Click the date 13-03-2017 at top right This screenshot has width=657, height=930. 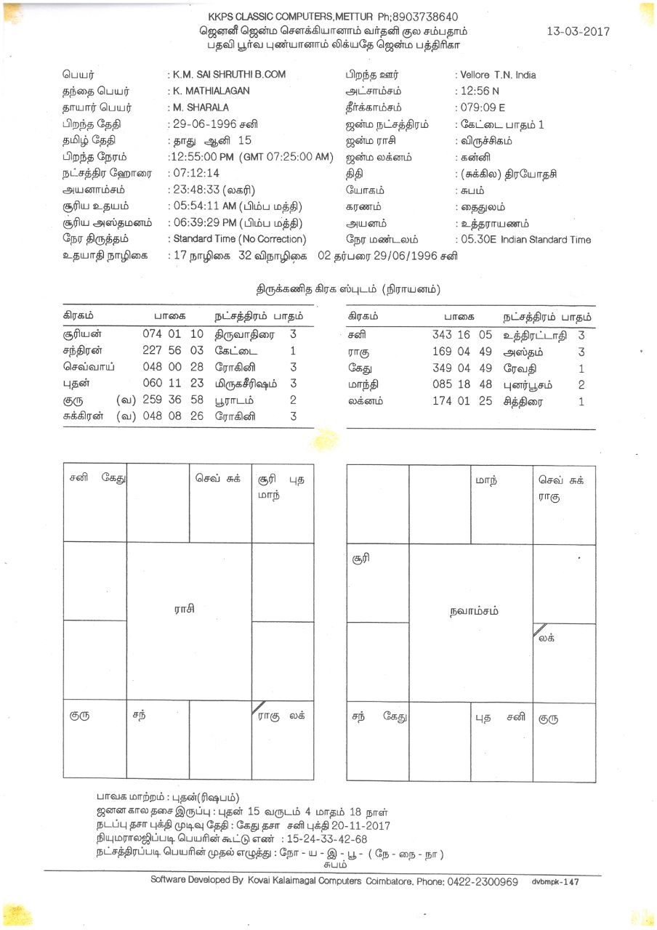click(578, 31)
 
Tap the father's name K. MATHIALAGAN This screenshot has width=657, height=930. click(211, 91)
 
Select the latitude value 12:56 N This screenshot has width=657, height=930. click(480, 92)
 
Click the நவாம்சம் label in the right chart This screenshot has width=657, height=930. click(474, 611)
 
